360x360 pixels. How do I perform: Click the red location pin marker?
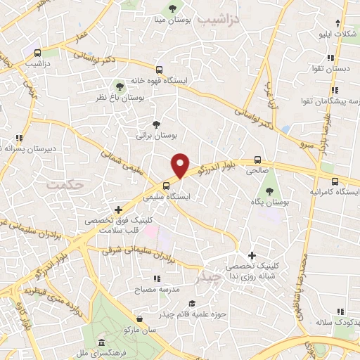(181, 165)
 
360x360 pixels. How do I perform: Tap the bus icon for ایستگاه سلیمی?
(166, 186)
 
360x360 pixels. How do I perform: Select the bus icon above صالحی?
(258, 160)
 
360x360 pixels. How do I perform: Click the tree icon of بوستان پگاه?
(269, 191)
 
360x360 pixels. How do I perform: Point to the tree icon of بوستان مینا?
(172, 8)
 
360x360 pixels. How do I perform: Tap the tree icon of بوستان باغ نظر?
(120, 86)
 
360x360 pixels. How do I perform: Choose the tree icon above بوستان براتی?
(156, 124)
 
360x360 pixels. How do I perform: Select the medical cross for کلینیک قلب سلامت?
(118, 209)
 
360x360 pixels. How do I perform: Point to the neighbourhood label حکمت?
(64, 184)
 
